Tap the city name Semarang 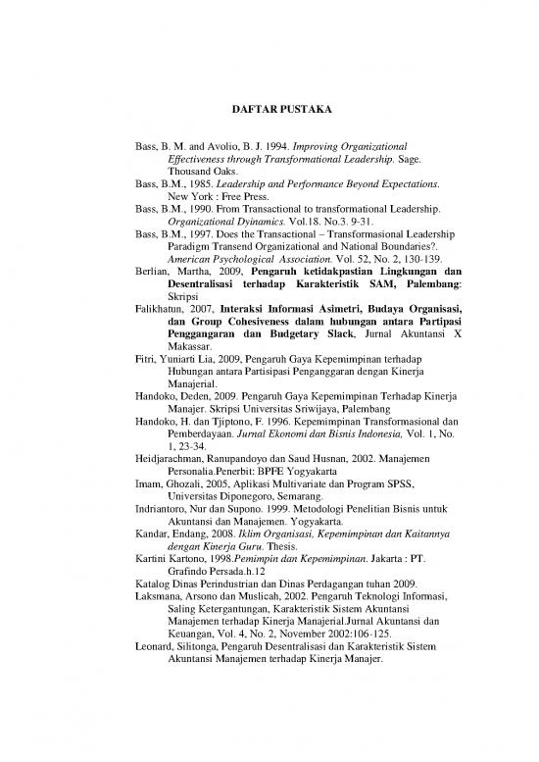pyautogui.click(x=314, y=551)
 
